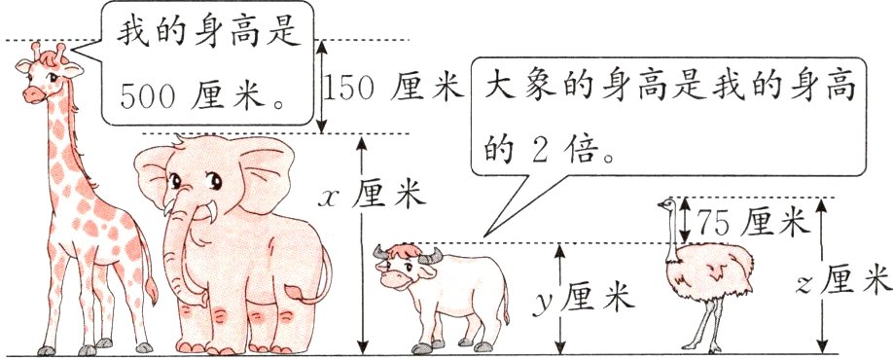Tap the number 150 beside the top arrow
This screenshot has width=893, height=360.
pyautogui.click(x=351, y=90)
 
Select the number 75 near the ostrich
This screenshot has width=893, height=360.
pyautogui.click(x=715, y=223)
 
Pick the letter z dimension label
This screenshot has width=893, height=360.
pyautogui.click(x=804, y=283)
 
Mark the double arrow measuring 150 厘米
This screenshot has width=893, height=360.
pyautogui.click(x=325, y=87)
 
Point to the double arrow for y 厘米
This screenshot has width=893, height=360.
pyautogui.click(x=560, y=299)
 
